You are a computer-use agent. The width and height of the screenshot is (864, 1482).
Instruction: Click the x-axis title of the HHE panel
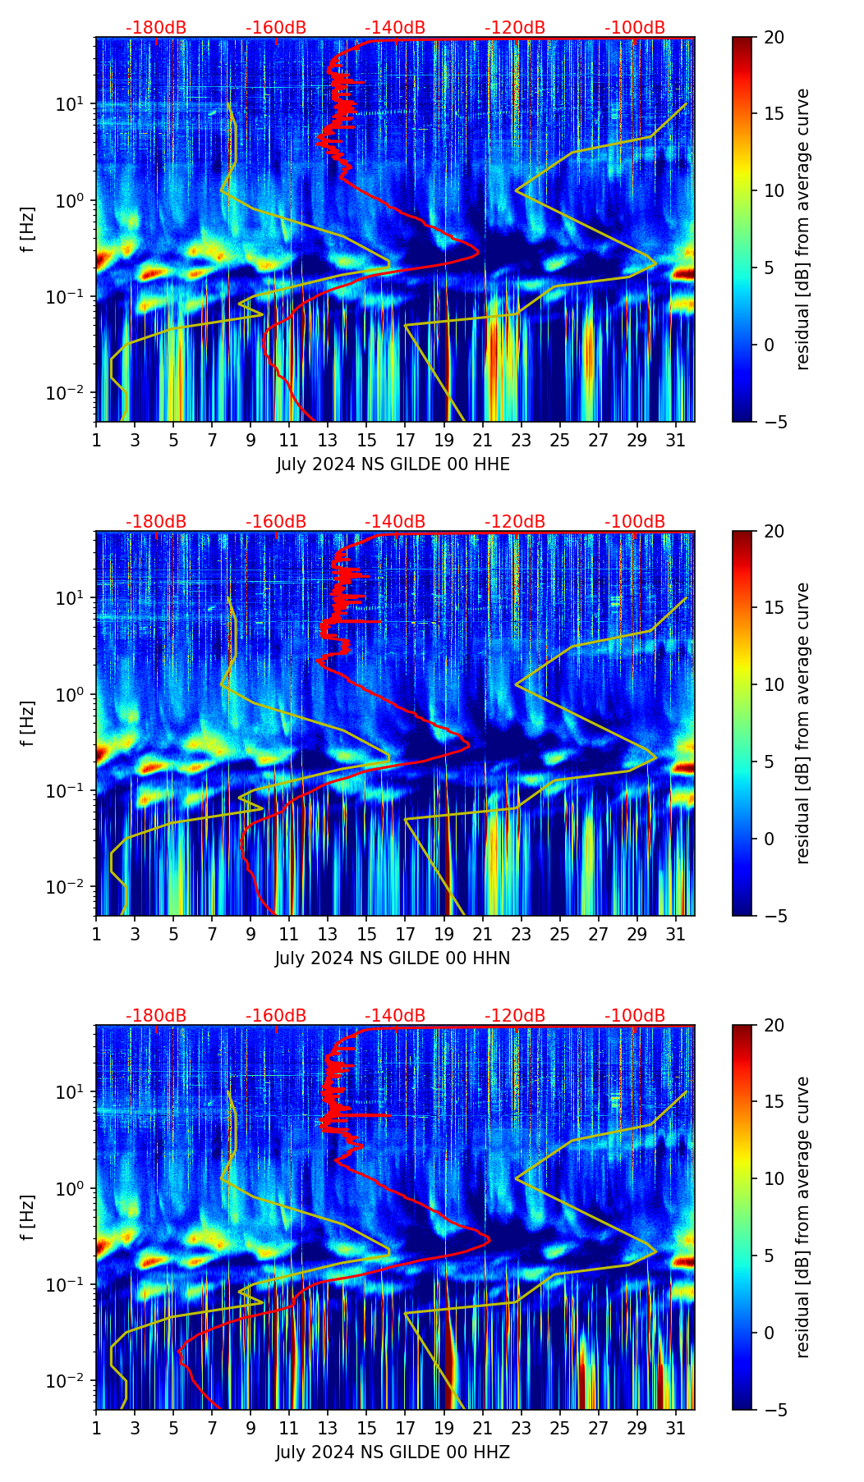pos(393,464)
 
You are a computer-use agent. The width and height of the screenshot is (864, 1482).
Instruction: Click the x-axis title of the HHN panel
pos(393,958)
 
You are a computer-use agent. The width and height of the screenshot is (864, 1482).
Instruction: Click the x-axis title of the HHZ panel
pos(393,1452)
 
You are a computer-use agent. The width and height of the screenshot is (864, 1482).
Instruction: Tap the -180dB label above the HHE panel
pos(156,28)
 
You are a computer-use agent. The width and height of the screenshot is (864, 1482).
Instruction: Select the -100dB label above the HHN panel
pos(635,522)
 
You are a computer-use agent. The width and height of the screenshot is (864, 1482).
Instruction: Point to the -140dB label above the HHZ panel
pos(395,1016)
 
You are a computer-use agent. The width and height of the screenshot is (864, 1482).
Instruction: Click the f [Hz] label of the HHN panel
pos(28,723)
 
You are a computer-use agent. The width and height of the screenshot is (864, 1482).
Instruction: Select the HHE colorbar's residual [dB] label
pos(802,229)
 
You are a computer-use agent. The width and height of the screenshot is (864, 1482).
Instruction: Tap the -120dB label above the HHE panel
pos(515,28)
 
